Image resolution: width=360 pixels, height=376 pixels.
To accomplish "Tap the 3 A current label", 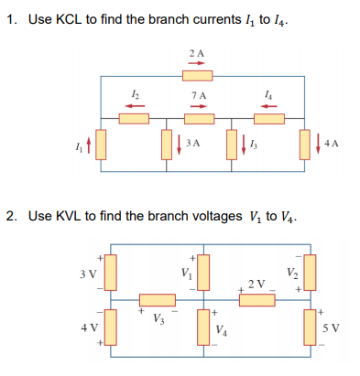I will [192, 144].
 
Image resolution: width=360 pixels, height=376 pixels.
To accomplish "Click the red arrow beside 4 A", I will [320, 144].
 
